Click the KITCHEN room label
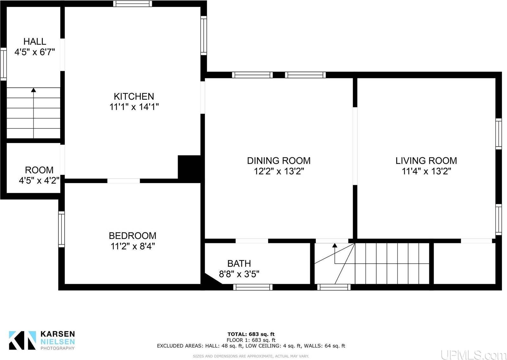(134, 96)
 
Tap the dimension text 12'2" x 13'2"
(279, 171)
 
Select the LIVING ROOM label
(426, 160)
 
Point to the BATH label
(239, 263)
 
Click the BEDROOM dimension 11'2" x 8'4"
(132, 246)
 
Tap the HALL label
(35, 41)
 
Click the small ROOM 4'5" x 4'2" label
(39, 175)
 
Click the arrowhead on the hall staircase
(34, 90)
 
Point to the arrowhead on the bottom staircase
(335, 245)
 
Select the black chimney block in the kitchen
(189, 168)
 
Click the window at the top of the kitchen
(132, 4)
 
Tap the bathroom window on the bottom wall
(253, 287)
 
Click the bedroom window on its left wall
(61, 229)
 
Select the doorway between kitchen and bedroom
(124, 181)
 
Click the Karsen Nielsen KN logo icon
(22, 340)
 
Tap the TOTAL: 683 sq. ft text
(251, 334)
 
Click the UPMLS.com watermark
(473, 354)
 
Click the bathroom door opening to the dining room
(252, 241)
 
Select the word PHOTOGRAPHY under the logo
(58, 348)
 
